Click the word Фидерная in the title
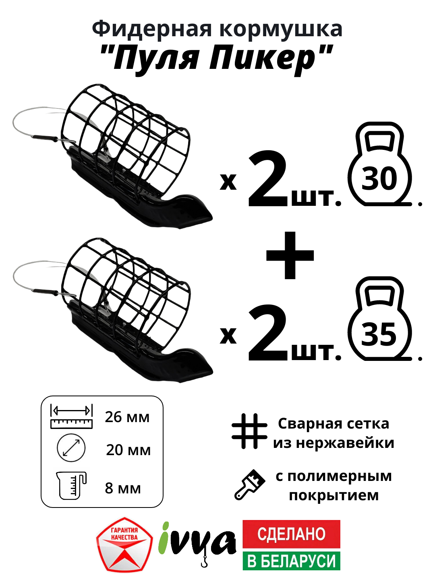[152, 29]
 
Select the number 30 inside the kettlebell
[379, 179]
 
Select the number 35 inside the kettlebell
[379, 334]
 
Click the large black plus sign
[290, 255]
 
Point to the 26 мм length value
[127, 417]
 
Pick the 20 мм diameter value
[128, 450]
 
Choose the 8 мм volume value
[123, 488]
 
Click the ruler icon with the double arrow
[71, 416]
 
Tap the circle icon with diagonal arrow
[71, 448]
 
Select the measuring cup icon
[71, 485]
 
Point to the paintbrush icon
[250, 485]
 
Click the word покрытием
[334, 495]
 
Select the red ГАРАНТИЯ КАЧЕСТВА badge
[124, 545]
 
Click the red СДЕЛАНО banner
[291, 534]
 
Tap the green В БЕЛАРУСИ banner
[291, 561]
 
